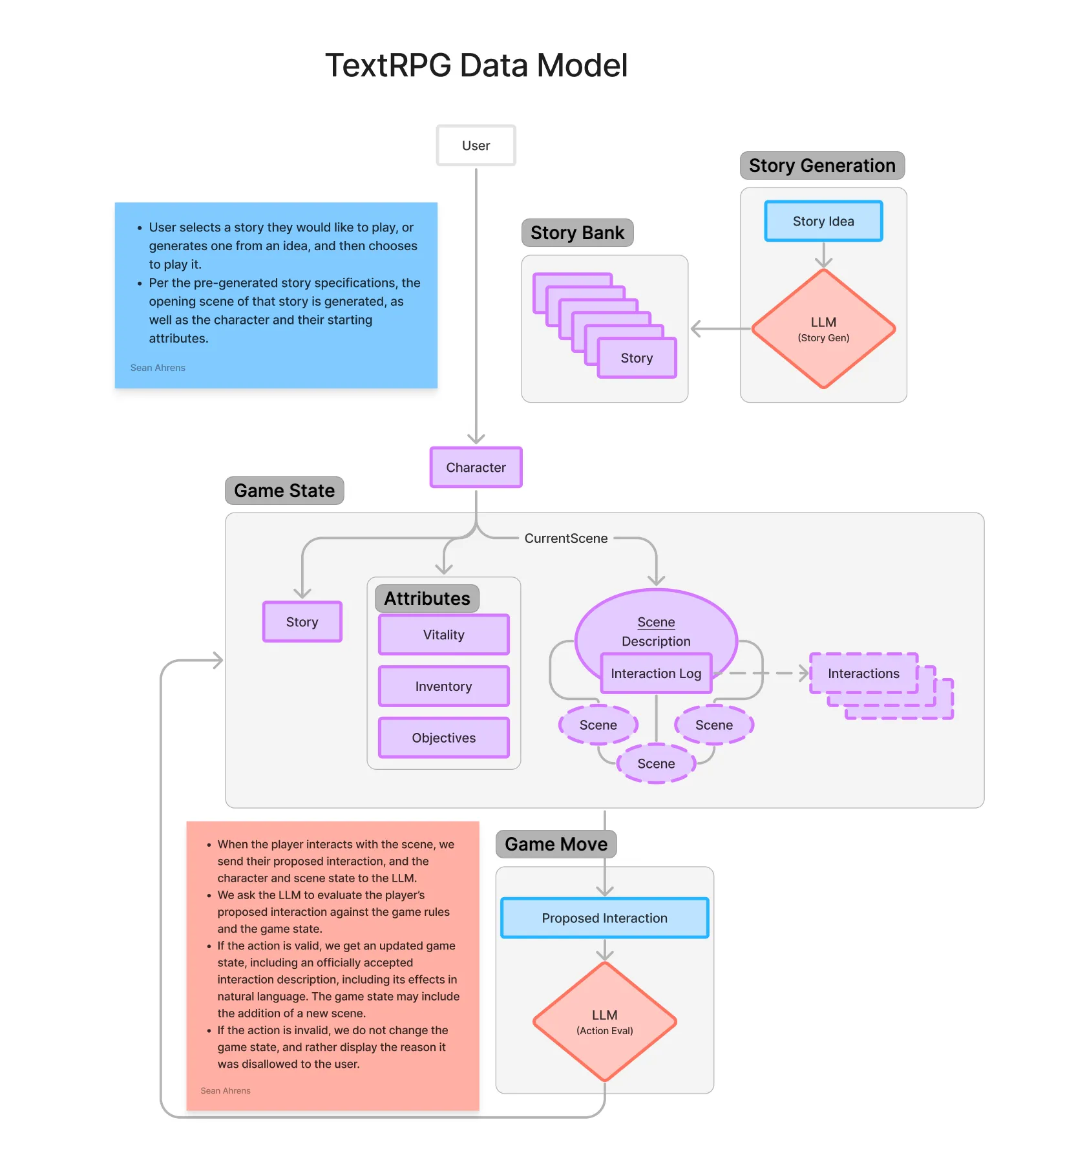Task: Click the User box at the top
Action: tap(476, 145)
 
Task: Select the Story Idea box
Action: tap(823, 221)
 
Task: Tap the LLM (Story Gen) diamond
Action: tap(823, 328)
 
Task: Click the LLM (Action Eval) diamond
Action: tap(604, 1021)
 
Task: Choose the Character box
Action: tap(476, 467)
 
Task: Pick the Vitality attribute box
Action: tap(443, 635)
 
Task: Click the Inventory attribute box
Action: tap(443, 686)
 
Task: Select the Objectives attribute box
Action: tap(443, 737)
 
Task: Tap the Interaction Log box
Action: tap(655, 673)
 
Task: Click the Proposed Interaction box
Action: tap(604, 918)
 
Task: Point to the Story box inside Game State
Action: tap(302, 622)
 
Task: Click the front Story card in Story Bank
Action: tap(637, 358)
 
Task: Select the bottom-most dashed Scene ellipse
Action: tap(655, 763)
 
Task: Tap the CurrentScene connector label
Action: tap(565, 538)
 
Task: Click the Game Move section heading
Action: tap(556, 844)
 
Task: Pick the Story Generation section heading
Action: tap(821, 165)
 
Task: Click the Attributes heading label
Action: tap(427, 599)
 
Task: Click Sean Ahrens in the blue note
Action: tap(158, 368)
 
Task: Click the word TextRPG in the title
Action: tap(388, 65)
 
